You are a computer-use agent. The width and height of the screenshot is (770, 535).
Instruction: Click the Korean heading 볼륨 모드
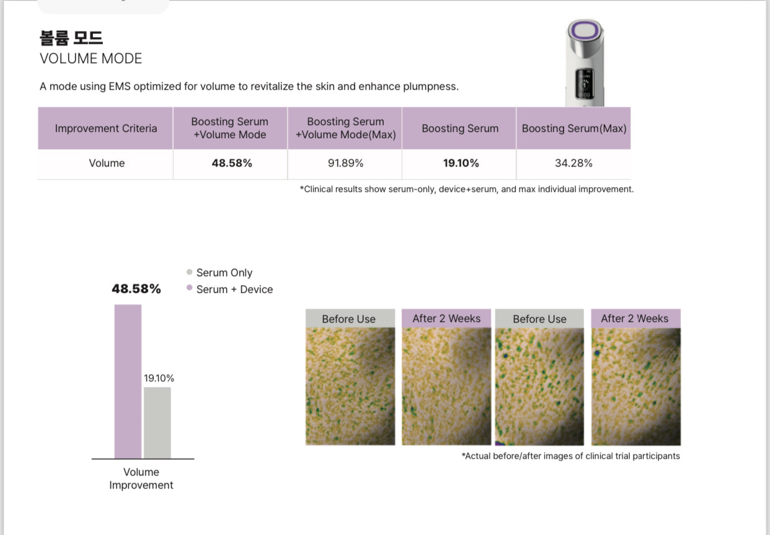71,37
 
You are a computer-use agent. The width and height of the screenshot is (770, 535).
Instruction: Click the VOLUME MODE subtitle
91,59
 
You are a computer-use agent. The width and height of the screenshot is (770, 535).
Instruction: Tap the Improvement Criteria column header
106,128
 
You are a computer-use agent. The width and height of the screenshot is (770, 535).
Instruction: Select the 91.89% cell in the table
345,163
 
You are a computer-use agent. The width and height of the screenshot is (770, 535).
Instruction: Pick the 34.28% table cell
573,163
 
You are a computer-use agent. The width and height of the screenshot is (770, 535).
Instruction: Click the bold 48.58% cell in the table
231,163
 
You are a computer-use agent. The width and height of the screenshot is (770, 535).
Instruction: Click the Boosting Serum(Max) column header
573,128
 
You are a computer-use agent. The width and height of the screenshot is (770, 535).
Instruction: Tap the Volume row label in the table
107,163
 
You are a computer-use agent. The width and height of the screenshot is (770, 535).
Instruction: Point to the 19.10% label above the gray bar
159,378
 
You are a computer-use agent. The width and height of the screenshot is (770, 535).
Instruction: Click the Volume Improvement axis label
141,479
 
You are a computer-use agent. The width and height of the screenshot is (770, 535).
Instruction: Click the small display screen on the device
583,83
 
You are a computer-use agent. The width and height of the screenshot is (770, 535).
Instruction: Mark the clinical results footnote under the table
466,189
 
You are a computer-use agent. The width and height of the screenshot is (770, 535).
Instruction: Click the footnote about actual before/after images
570,456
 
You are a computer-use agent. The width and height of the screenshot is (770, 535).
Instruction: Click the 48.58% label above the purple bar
136,289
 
